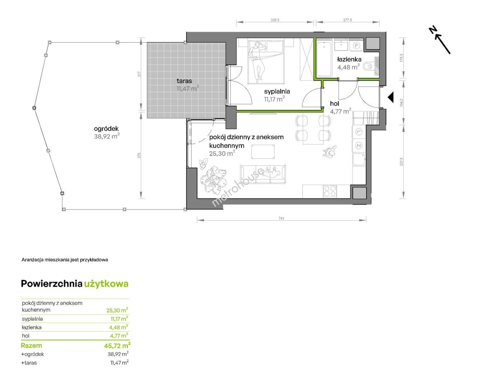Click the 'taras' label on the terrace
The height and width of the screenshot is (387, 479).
[184, 81]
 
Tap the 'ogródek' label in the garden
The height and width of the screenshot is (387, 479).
[106, 129]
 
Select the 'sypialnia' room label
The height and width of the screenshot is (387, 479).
[277, 91]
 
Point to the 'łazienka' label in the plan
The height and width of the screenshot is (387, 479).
[349, 59]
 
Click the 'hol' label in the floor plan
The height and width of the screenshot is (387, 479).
[334, 104]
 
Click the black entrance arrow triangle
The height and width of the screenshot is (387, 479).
[390, 97]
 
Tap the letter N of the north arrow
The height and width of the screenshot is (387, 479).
[433, 30]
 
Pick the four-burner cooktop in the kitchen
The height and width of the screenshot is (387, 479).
[330, 191]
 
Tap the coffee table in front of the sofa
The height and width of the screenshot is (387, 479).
[263, 152]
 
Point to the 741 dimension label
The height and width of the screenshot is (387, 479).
[281, 218]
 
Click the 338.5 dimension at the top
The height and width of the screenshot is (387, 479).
[275, 20]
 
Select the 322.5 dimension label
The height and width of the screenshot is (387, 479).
[401, 162]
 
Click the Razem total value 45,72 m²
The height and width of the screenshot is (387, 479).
[117, 345]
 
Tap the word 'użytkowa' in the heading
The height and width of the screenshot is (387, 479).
[106, 284]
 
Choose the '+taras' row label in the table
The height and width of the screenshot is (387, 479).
[29, 363]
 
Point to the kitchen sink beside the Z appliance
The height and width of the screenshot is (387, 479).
[359, 159]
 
